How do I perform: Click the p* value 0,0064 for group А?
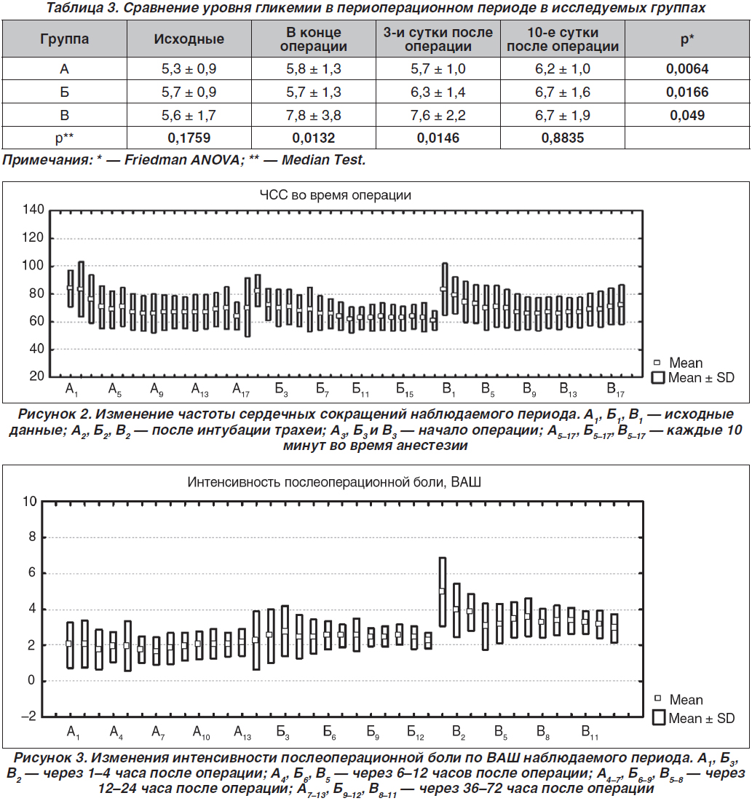[x=687, y=68]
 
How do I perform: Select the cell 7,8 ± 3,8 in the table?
[x=313, y=115]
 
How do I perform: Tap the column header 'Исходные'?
[x=189, y=39]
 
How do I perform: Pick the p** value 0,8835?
[x=563, y=138]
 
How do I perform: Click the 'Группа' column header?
[x=64, y=39]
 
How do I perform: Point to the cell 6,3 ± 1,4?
[x=438, y=92]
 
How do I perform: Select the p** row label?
[x=64, y=138]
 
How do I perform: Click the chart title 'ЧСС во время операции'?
[x=335, y=195]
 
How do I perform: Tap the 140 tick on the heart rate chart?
[x=33, y=210]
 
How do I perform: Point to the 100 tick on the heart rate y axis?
[x=33, y=266]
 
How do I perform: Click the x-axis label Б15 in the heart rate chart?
[x=405, y=390]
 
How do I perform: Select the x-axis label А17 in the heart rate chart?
[x=241, y=390]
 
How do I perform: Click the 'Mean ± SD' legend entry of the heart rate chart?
[x=694, y=378]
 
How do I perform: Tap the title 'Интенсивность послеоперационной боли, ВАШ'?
[x=334, y=482]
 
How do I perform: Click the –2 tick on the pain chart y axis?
[x=28, y=717]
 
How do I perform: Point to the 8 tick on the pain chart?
[x=32, y=537]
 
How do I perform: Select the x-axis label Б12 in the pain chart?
[x=416, y=733]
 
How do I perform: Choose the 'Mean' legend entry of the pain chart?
[x=679, y=699]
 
